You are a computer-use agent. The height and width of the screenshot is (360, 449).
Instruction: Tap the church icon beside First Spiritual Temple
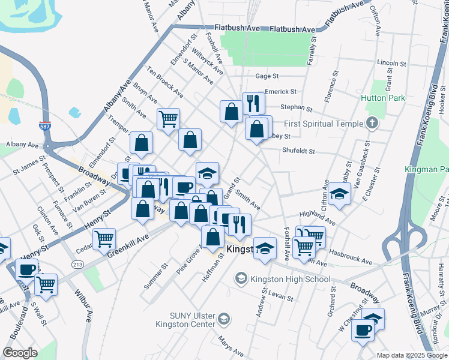pyautogui.click(x=372, y=124)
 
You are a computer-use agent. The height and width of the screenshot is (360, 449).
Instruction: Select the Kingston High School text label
pyautogui.click(x=291, y=279)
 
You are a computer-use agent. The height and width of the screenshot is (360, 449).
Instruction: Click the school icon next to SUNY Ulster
pyautogui.click(x=224, y=317)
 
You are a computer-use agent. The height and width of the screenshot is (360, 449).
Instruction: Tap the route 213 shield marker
pyautogui.click(x=77, y=265)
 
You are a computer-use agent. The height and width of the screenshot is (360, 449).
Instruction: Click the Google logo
pyautogui.click(x=20, y=353)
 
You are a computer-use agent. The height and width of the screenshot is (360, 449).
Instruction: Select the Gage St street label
pyautogui.click(x=267, y=76)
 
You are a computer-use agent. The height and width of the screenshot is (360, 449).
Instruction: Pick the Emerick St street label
pyautogui.click(x=282, y=92)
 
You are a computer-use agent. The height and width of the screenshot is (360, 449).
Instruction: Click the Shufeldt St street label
pyautogui.click(x=298, y=151)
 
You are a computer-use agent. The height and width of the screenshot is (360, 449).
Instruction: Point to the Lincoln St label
pyautogui.click(x=392, y=63)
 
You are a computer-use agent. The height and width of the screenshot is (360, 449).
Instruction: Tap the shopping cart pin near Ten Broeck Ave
pyautogui.click(x=169, y=118)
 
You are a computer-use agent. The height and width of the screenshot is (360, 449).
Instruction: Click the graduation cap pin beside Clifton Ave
pyautogui.click(x=339, y=193)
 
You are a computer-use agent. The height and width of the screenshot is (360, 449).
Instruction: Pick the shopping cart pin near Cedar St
pyautogui.click(x=104, y=238)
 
